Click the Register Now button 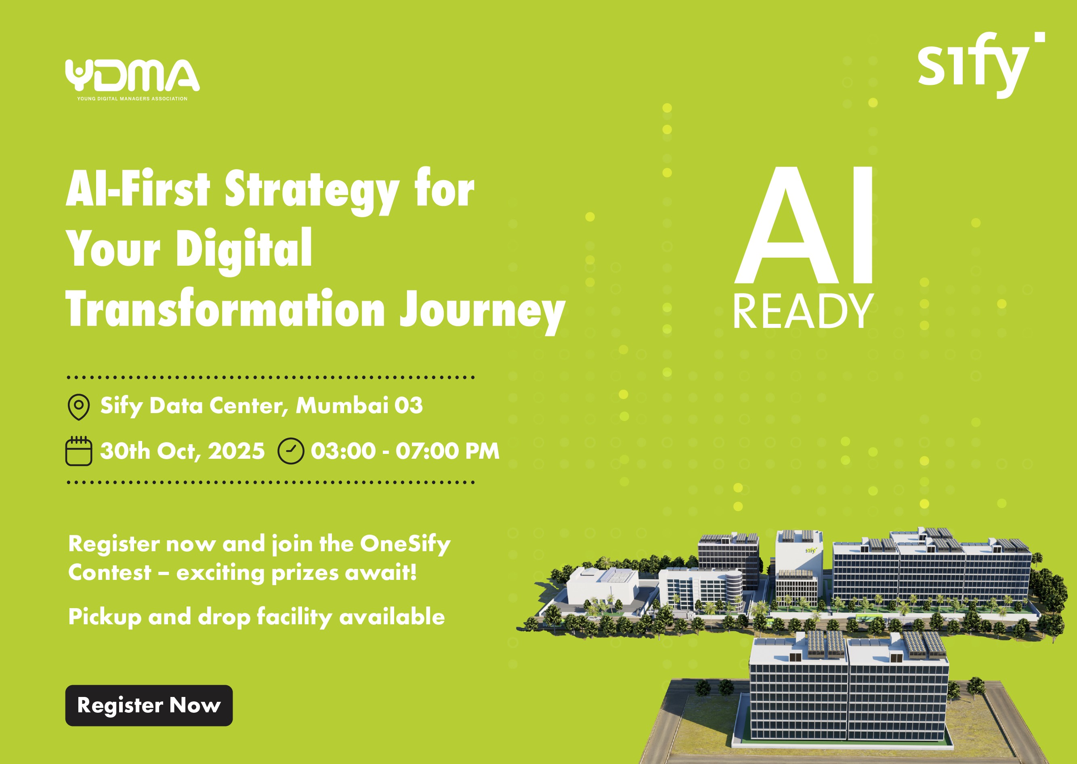click(x=149, y=705)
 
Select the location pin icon click(x=79, y=407)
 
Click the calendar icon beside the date click(x=79, y=451)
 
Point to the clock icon click(x=291, y=451)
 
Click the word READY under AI click(x=803, y=311)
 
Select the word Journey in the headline click(x=482, y=310)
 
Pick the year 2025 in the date click(x=236, y=451)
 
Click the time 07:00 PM click(x=447, y=451)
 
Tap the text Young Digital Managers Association click(x=132, y=99)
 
